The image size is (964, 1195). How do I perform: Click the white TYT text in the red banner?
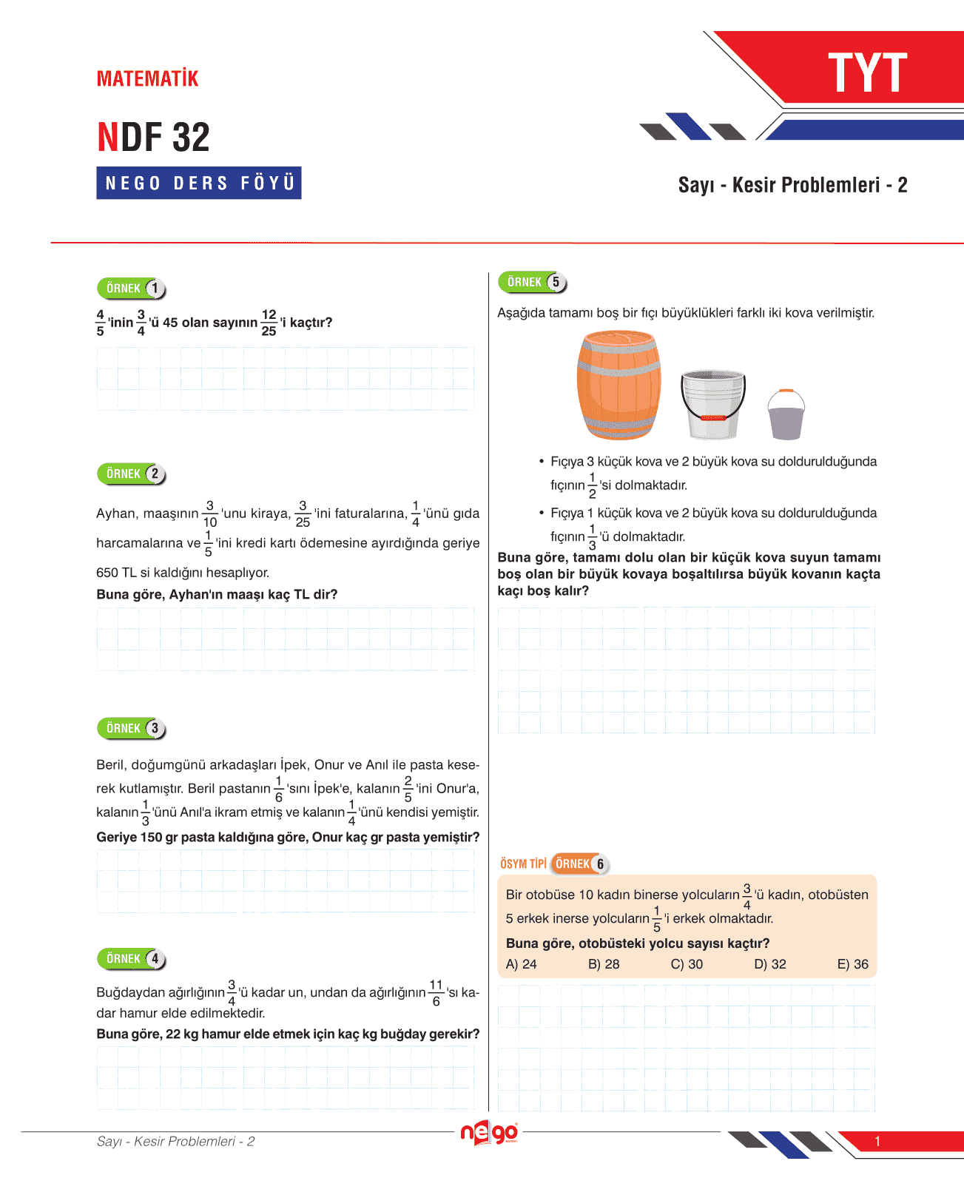(x=867, y=73)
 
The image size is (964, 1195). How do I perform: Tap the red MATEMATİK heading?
(x=148, y=78)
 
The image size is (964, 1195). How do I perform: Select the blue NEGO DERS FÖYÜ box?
(x=199, y=183)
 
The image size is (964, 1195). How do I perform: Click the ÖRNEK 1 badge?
(x=132, y=289)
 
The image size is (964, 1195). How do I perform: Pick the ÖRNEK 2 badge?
(x=132, y=474)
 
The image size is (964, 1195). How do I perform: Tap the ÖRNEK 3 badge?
(x=132, y=728)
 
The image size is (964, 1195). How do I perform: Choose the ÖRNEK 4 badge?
(x=132, y=959)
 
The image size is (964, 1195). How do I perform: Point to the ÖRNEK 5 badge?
(x=533, y=282)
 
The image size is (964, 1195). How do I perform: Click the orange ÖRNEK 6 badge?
(x=580, y=864)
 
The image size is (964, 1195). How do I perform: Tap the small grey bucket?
(x=786, y=415)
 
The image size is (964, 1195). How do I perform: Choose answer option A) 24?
(x=522, y=964)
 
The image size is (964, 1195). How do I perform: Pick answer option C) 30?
(x=687, y=964)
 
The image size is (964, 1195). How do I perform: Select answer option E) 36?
(x=852, y=964)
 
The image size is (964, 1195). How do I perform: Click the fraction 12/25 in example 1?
(x=269, y=323)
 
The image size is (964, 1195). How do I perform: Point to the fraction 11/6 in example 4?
(x=436, y=992)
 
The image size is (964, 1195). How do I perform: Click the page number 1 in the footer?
(x=877, y=1141)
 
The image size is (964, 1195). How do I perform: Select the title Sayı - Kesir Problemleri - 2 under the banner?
(x=792, y=185)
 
